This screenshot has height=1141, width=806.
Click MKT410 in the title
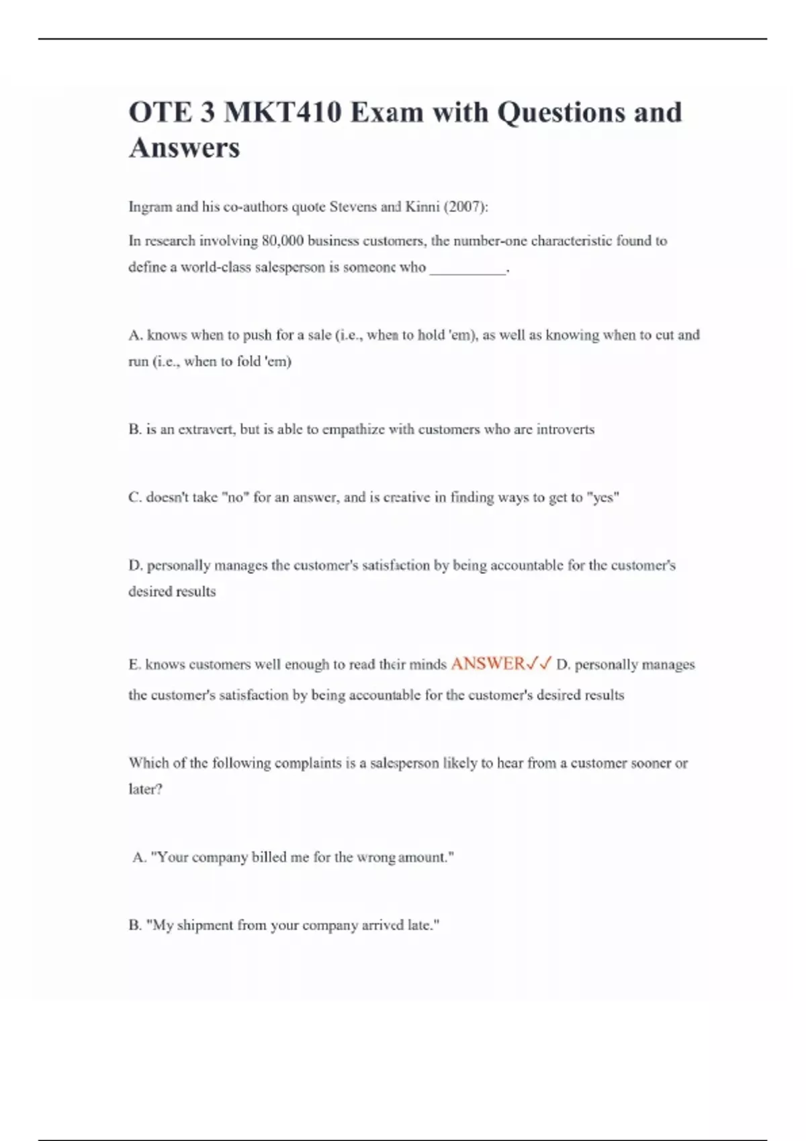point(283,112)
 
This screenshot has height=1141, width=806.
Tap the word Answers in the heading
point(184,148)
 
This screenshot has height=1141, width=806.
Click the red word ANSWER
point(488,664)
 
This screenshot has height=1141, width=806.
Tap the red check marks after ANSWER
point(539,664)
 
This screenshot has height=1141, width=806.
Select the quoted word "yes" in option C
point(602,497)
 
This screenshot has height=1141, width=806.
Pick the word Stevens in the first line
point(353,207)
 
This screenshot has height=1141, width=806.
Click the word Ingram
point(150,207)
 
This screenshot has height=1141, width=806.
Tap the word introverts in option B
point(565,430)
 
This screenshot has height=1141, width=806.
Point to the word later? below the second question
point(145,789)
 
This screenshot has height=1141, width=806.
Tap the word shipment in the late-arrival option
point(205,926)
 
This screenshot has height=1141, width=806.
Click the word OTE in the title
point(159,112)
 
